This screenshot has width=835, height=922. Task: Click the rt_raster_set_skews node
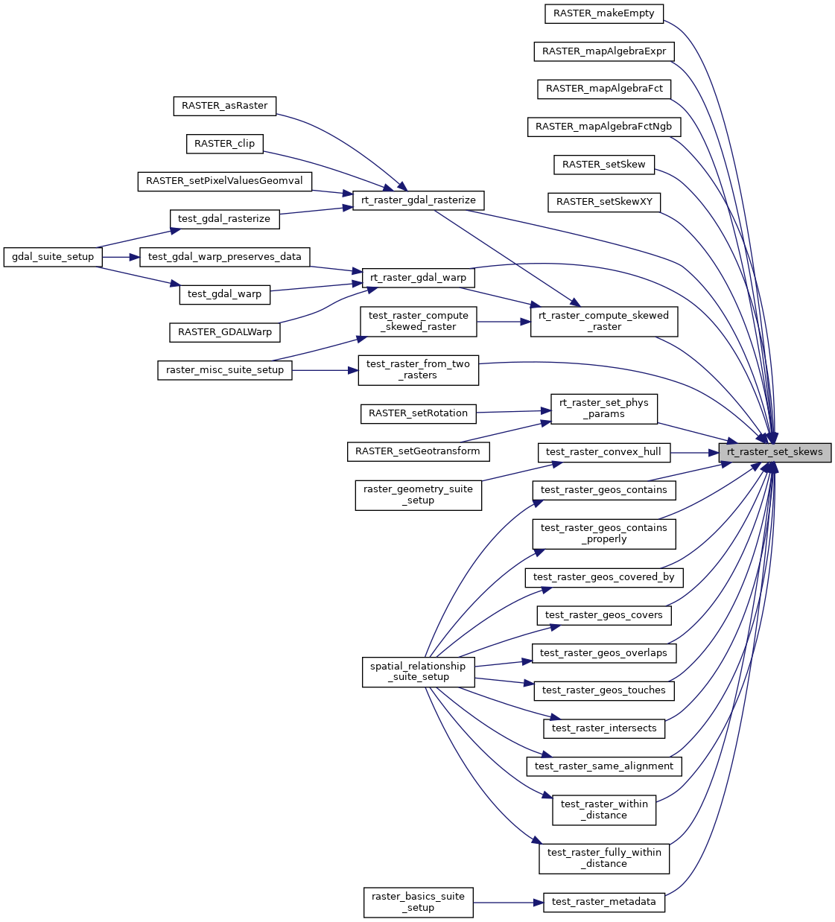point(775,452)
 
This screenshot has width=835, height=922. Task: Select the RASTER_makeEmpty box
point(603,13)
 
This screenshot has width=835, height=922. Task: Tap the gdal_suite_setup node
point(53,257)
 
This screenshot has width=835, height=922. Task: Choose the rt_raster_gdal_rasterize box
point(418,200)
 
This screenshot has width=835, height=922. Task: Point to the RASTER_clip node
point(224,144)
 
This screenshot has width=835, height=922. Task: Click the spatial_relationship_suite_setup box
point(418,672)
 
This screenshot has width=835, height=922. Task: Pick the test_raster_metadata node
point(603,902)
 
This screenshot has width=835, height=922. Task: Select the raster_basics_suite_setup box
point(418,902)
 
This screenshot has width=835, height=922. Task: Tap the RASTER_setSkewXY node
point(604,202)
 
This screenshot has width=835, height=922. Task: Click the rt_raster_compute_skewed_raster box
point(603,321)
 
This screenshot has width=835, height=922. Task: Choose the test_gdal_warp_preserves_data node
point(224,257)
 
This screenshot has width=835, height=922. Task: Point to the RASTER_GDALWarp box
point(224,332)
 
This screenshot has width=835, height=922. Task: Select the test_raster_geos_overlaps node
point(603,653)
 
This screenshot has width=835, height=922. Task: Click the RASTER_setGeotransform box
point(418,451)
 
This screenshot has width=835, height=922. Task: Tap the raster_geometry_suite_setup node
point(418,495)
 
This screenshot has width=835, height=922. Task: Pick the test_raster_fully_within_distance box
point(603,858)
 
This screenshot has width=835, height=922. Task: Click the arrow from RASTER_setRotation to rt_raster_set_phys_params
point(513,411)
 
